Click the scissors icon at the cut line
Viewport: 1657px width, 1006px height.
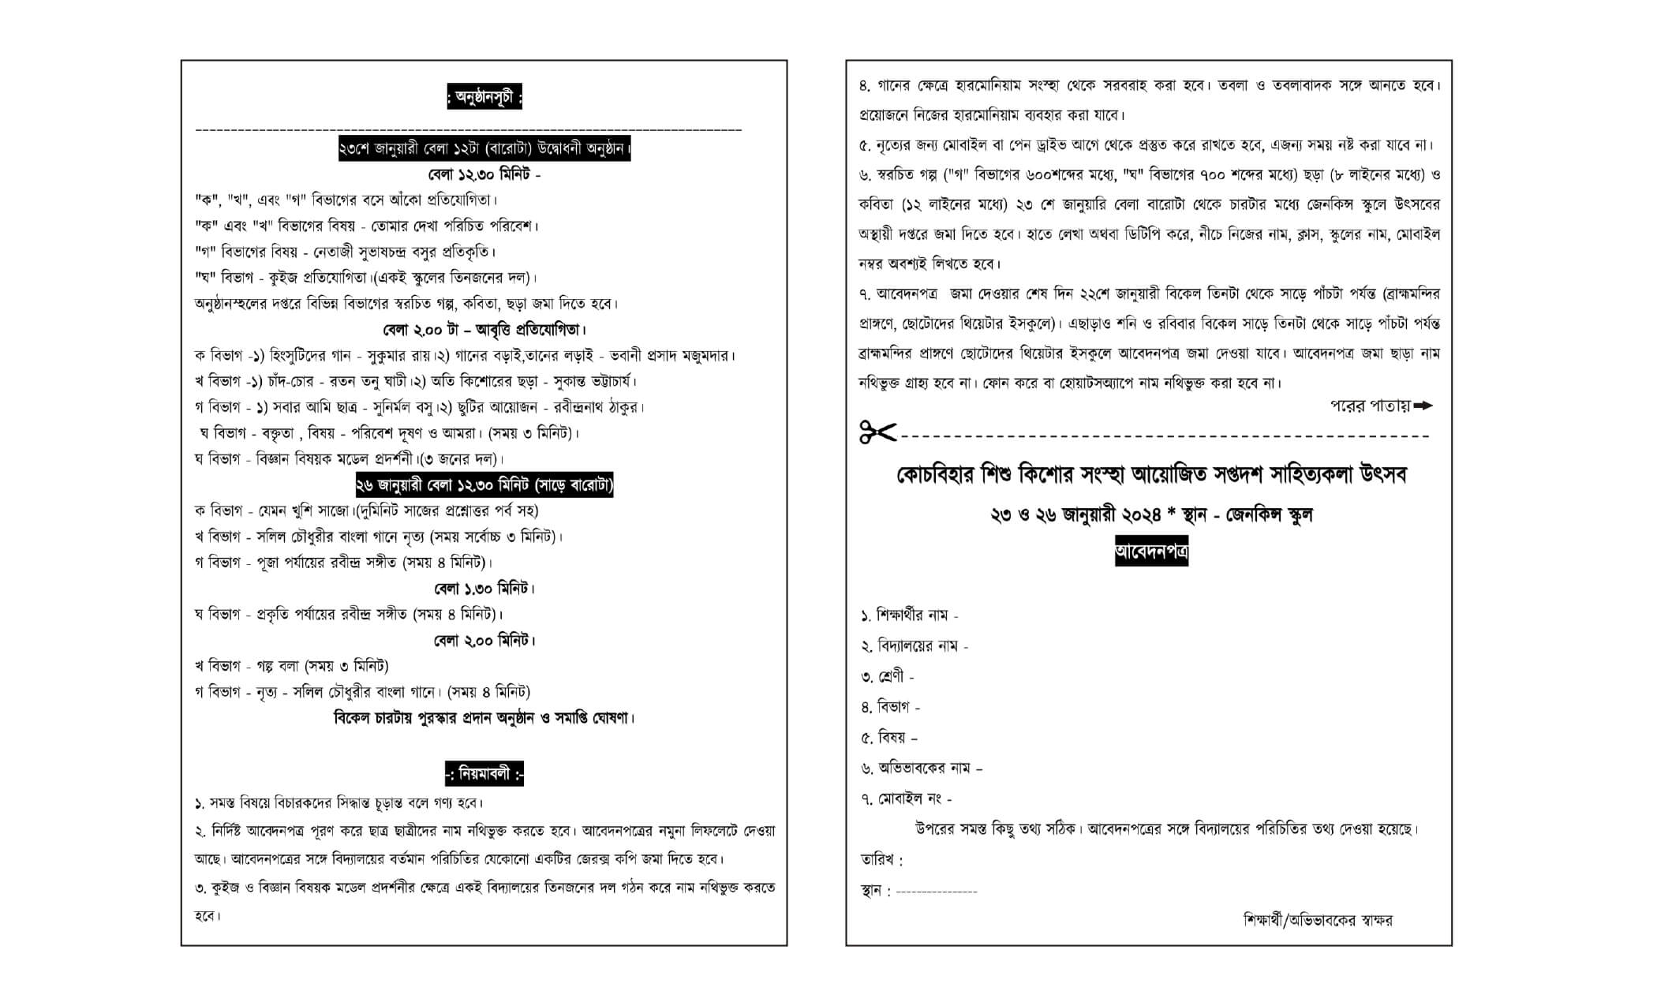(877, 432)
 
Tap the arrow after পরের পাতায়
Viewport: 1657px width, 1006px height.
(1423, 406)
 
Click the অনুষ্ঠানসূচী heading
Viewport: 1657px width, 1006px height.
(484, 99)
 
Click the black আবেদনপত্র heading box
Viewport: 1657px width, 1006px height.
(1151, 551)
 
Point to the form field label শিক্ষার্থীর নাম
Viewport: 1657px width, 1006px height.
(910, 615)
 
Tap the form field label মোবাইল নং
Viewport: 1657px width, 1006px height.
(907, 799)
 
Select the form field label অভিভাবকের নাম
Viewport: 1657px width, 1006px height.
(922, 768)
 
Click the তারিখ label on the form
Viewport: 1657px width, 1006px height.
(881, 860)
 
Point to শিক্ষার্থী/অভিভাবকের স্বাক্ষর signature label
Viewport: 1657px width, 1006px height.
(1317, 921)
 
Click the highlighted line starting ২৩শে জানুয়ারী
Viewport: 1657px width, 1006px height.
(484, 148)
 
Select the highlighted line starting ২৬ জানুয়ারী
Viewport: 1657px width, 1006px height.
(484, 485)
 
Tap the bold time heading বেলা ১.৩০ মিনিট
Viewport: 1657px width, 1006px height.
(484, 589)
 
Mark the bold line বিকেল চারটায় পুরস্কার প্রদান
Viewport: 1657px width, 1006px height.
(484, 718)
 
